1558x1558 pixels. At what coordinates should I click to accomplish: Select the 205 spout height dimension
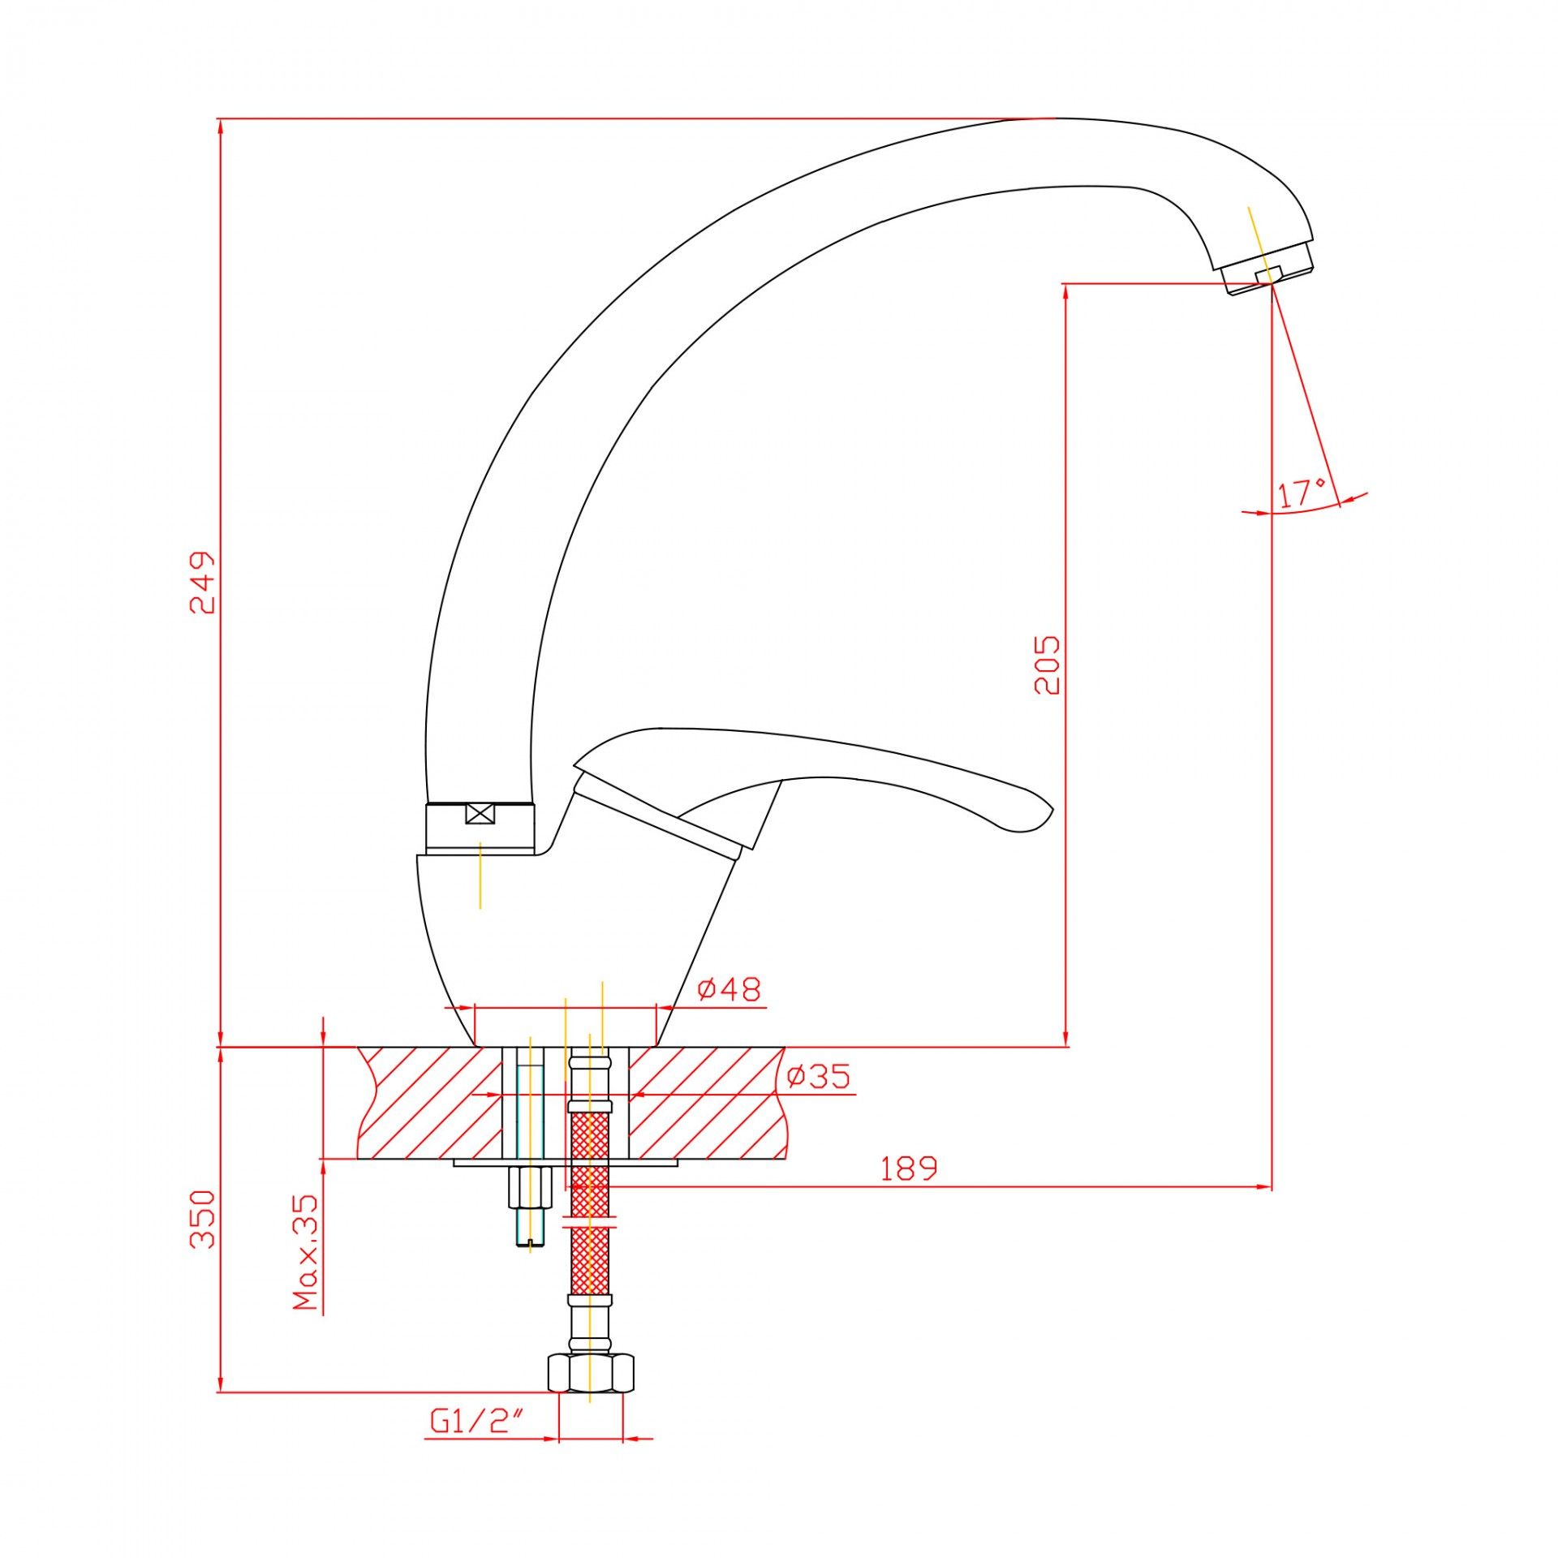coord(1047,665)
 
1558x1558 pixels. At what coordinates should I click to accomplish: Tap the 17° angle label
coord(1302,493)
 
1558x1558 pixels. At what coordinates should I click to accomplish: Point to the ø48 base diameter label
coord(730,989)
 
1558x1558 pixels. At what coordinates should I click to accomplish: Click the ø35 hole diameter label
coord(819,1076)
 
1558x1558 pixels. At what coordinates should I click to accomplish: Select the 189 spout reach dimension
coord(909,1168)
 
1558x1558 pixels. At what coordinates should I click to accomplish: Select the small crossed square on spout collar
coord(480,814)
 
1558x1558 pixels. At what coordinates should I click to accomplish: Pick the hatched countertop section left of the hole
coord(430,1103)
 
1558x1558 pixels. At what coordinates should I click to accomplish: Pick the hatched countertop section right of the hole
coord(706,1103)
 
